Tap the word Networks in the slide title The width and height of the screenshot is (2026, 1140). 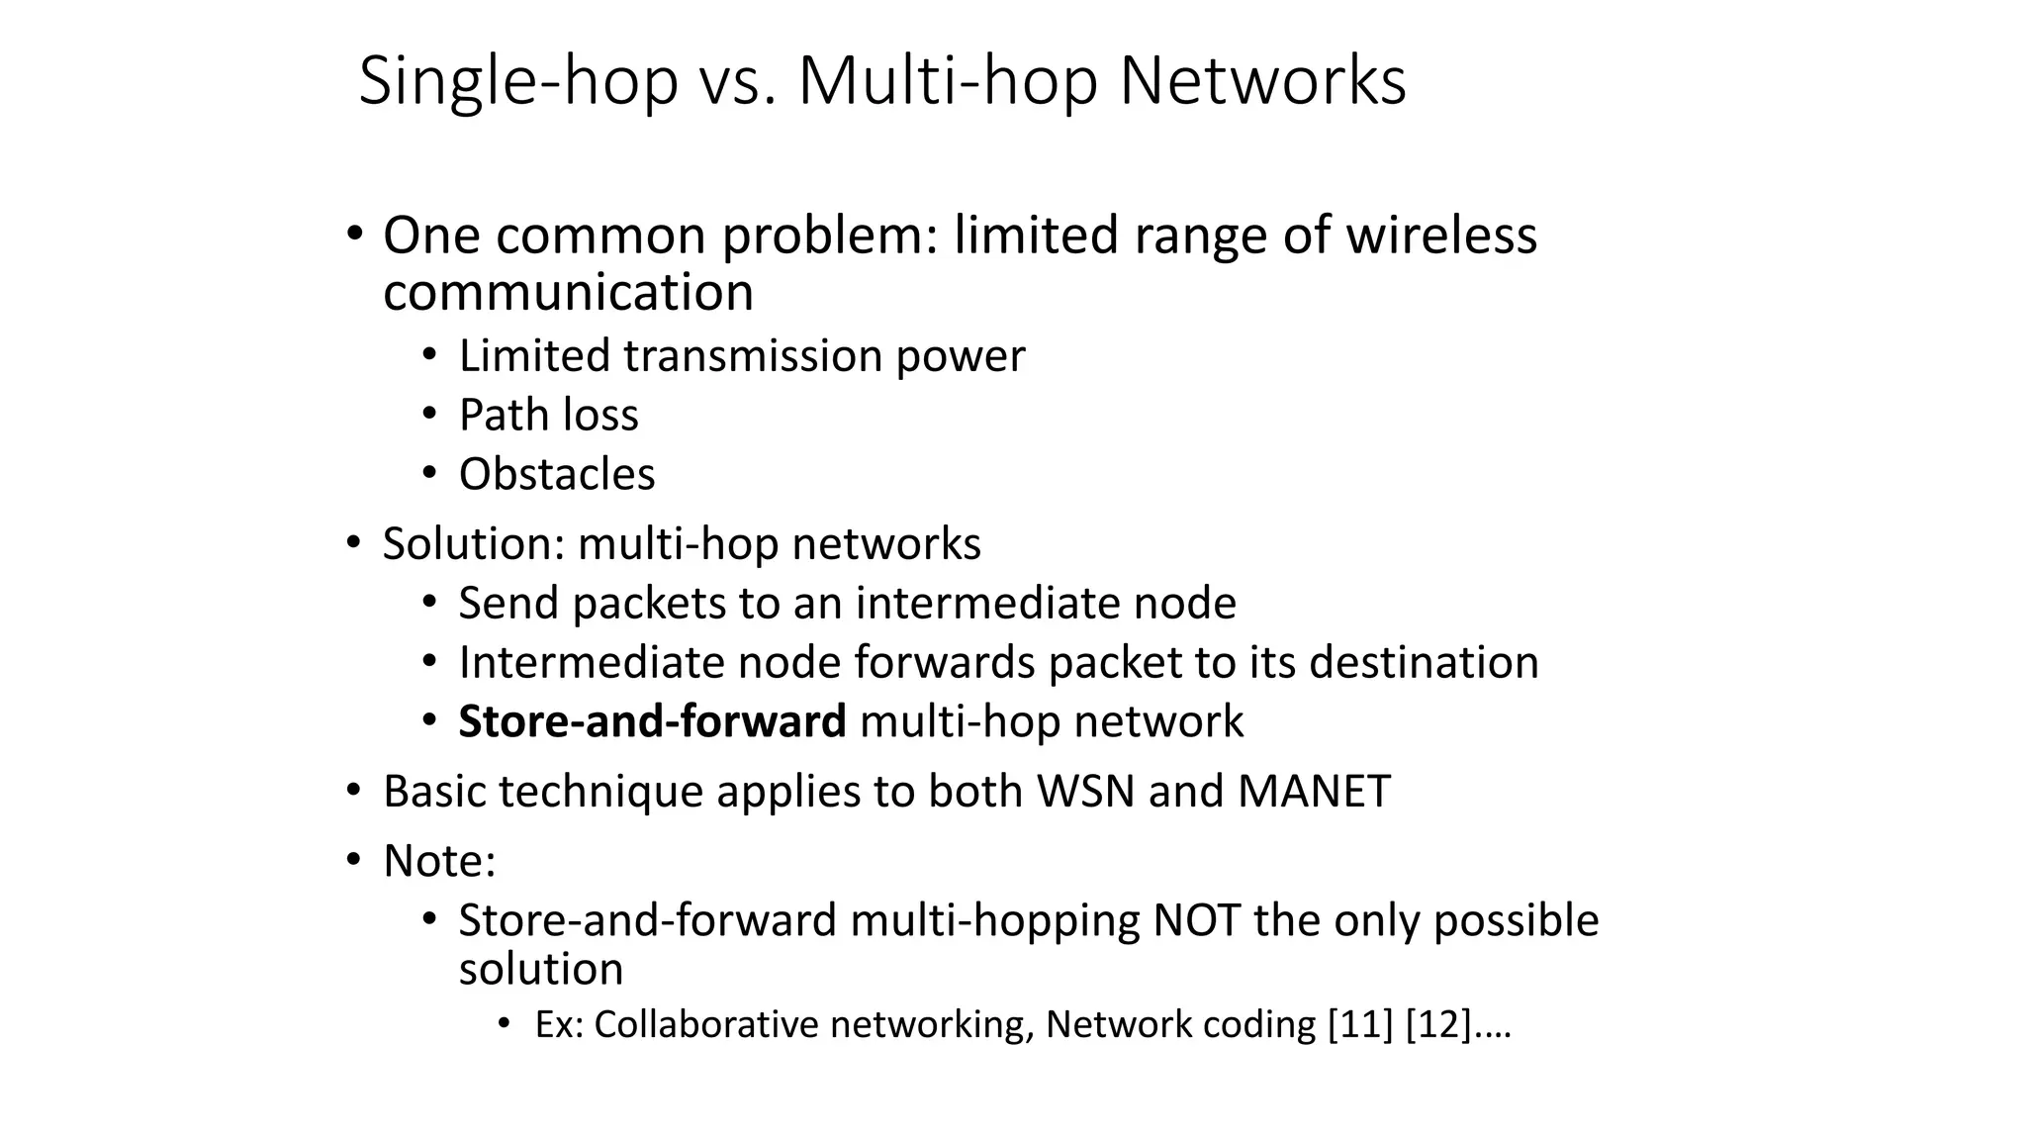[1262, 81]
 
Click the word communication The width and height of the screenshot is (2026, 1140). [568, 293]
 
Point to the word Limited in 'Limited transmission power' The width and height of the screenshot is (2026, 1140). [533, 356]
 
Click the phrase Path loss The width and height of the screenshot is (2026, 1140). [548, 415]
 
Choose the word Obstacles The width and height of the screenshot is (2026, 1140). [557, 474]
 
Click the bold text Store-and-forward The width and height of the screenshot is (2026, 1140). [652, 721]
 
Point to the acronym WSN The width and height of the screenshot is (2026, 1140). [1085, 791]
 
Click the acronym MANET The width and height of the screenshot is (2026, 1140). [1314, 791]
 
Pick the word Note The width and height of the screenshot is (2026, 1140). [435, 860]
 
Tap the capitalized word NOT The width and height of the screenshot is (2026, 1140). [1196, 920]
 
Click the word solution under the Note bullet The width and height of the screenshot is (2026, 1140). [541, 969]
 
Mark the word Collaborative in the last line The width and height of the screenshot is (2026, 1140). [706, 1024]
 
